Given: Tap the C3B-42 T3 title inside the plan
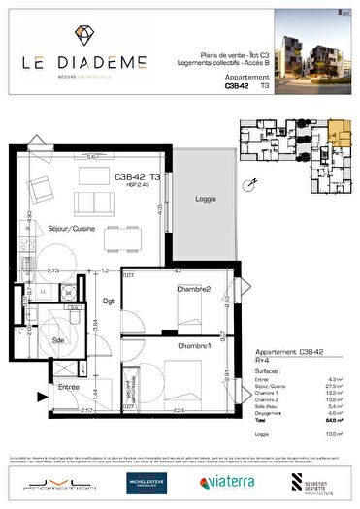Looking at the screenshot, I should (138, 176).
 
